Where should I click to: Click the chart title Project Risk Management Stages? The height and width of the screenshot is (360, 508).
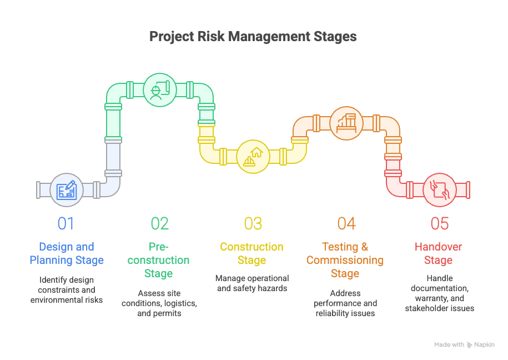253,37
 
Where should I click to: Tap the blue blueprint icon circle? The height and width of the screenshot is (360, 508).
67,190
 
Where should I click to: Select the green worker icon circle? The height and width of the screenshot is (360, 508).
160,90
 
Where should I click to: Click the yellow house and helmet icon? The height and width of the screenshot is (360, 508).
253,157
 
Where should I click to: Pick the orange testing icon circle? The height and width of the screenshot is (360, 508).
346,123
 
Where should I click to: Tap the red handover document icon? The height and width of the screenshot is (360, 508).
440,190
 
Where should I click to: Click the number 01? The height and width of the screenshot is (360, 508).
66,223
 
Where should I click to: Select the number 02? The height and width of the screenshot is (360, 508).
160,223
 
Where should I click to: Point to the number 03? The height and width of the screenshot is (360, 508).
253,223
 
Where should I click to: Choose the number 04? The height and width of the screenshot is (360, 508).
346,223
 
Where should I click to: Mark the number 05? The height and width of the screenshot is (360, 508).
440,223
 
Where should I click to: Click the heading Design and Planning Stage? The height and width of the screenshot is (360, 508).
67,253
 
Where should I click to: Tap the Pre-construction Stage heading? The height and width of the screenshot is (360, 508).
160,260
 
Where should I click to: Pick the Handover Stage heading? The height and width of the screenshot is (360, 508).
439,253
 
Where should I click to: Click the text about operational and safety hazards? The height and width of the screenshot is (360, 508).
253,283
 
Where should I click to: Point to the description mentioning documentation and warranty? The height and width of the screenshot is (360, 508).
440,293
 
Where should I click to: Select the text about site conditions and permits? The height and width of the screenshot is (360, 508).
160,303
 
